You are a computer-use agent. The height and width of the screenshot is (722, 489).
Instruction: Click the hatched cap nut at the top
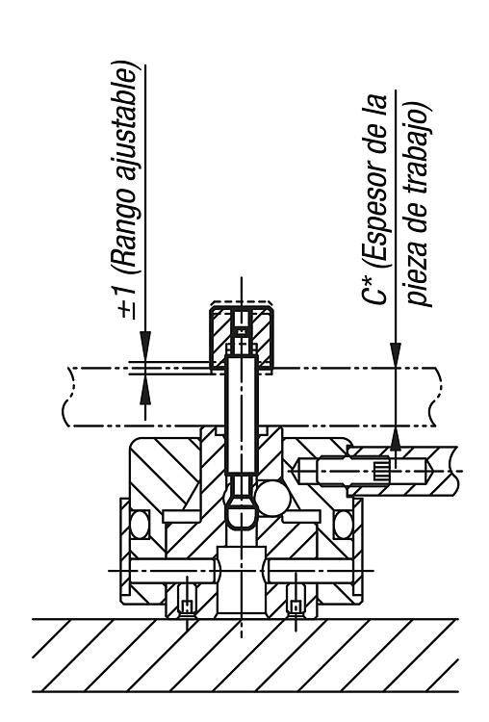tap(242, 338)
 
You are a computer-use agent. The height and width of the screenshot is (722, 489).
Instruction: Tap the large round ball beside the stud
tap(272, 499)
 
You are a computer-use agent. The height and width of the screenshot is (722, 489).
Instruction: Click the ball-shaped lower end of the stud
tap(242, 512)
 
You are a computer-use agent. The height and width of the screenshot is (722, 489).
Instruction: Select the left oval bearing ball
tap(140, 524)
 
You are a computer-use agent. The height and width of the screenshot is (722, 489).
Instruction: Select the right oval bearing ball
tap(344, 524)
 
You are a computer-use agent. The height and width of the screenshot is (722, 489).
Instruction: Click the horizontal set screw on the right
tap(364, 471)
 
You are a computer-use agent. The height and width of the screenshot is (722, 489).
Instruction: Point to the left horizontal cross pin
tap(172, 571)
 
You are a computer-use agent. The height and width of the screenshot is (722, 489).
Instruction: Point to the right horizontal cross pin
tap(311, 571)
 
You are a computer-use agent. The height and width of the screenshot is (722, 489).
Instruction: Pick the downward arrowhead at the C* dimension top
tap(396, 355)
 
